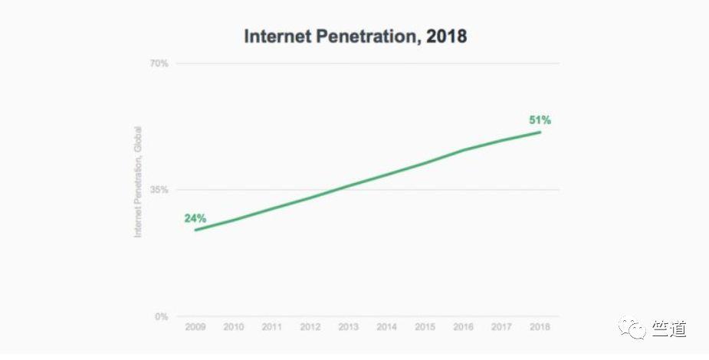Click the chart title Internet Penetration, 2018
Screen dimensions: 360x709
[355, 36]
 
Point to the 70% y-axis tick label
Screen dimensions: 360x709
[158, 63]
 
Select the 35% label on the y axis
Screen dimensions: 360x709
[158, 189]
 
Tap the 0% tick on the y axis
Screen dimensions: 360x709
[160, 316]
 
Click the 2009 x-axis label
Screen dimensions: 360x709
[195, 327]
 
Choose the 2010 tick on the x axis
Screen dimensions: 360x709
[234, 327]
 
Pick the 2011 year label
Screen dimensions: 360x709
[272, 327]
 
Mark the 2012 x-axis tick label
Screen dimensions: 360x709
[310, 327]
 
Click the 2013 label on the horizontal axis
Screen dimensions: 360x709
[349, 327]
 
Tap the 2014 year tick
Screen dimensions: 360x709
[387, 327]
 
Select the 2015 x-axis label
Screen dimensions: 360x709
[425, 327]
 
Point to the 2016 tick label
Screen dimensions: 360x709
[464, 327]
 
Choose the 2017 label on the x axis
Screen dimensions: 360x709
[502, 327]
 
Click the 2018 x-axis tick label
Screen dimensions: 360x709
[540, 327]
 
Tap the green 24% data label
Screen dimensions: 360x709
[195, 218]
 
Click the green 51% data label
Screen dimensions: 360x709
[540, 119]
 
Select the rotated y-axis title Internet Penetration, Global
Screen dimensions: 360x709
[138, 182]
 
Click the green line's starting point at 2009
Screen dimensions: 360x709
[195, 230]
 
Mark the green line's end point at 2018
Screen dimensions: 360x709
[540, 133]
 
